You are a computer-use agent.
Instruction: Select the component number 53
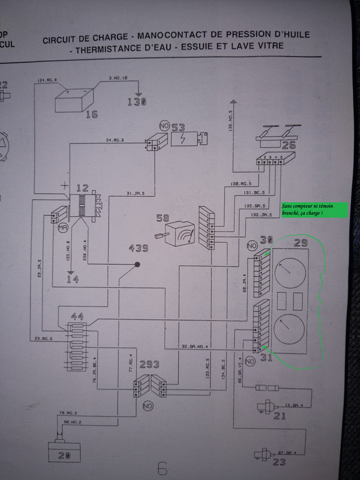coord(178,127)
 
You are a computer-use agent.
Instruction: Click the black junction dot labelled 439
coord(137,264)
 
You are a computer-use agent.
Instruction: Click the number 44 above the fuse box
coord(77,316)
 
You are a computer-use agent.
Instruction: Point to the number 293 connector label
coord(149,365)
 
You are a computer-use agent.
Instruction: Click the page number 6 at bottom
coord(162,468)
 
